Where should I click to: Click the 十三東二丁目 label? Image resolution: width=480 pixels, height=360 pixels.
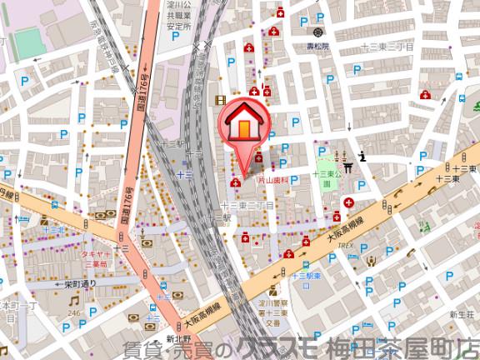tap(247, 204)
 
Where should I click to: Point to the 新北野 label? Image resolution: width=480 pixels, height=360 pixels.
tap(178, 338)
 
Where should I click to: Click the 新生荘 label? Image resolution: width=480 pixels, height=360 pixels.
tap(461, 314)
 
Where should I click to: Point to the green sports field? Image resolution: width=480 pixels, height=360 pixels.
tap(28, 42)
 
